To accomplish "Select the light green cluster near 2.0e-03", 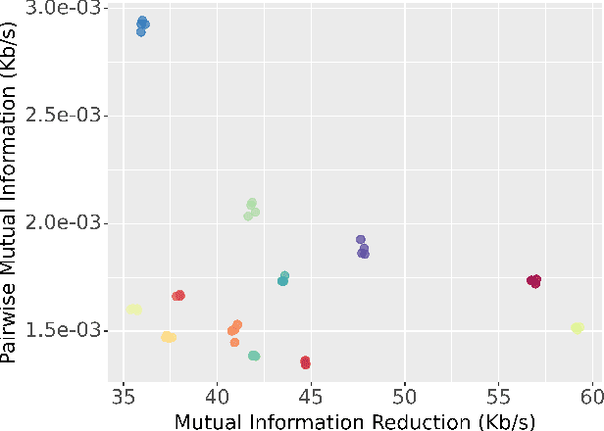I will point(252,209).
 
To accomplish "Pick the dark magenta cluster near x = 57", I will point(533,281).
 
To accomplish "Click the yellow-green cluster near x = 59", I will point(577,327).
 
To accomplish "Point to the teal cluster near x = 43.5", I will point(283,279).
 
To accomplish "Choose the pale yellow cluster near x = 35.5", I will point(134,310).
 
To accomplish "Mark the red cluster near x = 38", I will point(178,296).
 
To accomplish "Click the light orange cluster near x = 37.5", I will point(169,337).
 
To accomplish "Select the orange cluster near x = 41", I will point(234,330).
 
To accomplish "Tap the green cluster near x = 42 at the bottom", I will point(254,356).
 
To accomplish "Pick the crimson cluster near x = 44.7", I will point(305,362).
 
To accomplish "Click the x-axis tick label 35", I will point(123,398).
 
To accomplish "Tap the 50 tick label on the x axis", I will point(405,398).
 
